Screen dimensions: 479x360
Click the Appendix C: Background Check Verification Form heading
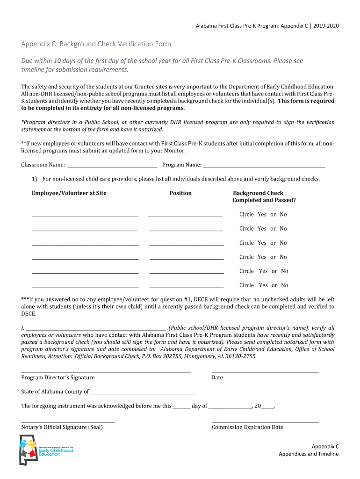[x=96, y=44]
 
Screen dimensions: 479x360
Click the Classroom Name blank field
[x=112, y=165]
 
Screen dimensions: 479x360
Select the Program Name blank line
[x=264, y=165]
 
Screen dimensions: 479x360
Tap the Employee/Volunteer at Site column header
[x=69, y=193]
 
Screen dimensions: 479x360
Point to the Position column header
[x=180, y=193]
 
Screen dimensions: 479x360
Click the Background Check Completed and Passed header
[x=264, y=196]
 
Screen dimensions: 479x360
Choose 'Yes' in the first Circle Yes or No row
[x=262, y=215]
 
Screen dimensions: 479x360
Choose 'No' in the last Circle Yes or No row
[x=284, y=285]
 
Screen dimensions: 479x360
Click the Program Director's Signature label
[x=58, y=377]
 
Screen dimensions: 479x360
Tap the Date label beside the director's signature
[x=217, y=377]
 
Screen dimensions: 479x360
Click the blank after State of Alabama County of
[x=143, y=392]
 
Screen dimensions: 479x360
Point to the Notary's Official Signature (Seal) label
[x=62, y=427]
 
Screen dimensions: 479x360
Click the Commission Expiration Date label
[x=247, y=427]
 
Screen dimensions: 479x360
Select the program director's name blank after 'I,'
[x=96, y=328]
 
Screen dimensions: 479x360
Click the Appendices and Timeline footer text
[x=309, y=454]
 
